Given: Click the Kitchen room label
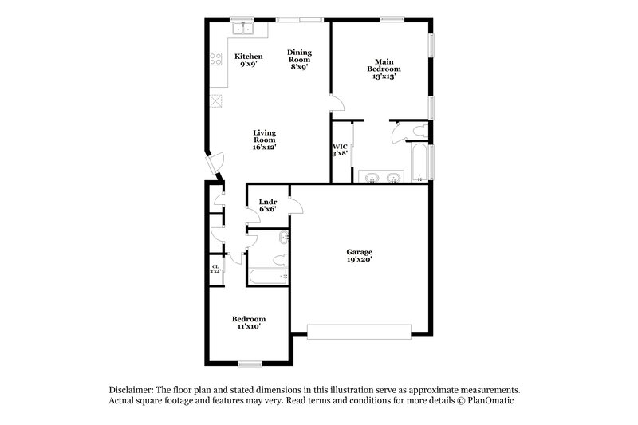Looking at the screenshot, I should pyautogui.click(x=248, y=56).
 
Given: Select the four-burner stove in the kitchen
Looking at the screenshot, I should pyautogui.click(x=215, y=57).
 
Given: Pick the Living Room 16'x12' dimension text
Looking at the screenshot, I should pyautogui.click(x=265, y=148).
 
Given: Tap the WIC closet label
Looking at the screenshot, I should pyautogui.click(x=339, y=147).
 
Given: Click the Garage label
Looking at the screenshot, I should pyautogui.click(x=359, y=251).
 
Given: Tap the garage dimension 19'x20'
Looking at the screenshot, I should pyautogui.click(x=359, y=259).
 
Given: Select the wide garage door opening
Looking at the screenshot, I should pyautogui.click(x=359, y=327).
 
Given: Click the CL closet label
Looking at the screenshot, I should pyautogui.click(x=215, y=267).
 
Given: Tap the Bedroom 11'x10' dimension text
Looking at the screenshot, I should pyautogui.click(x=247, y=326).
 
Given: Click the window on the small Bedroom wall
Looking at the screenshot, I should pyautogui.click(x=250, y=364).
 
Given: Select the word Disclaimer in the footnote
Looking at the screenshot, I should pyautogui.click(x=133, y=388).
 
